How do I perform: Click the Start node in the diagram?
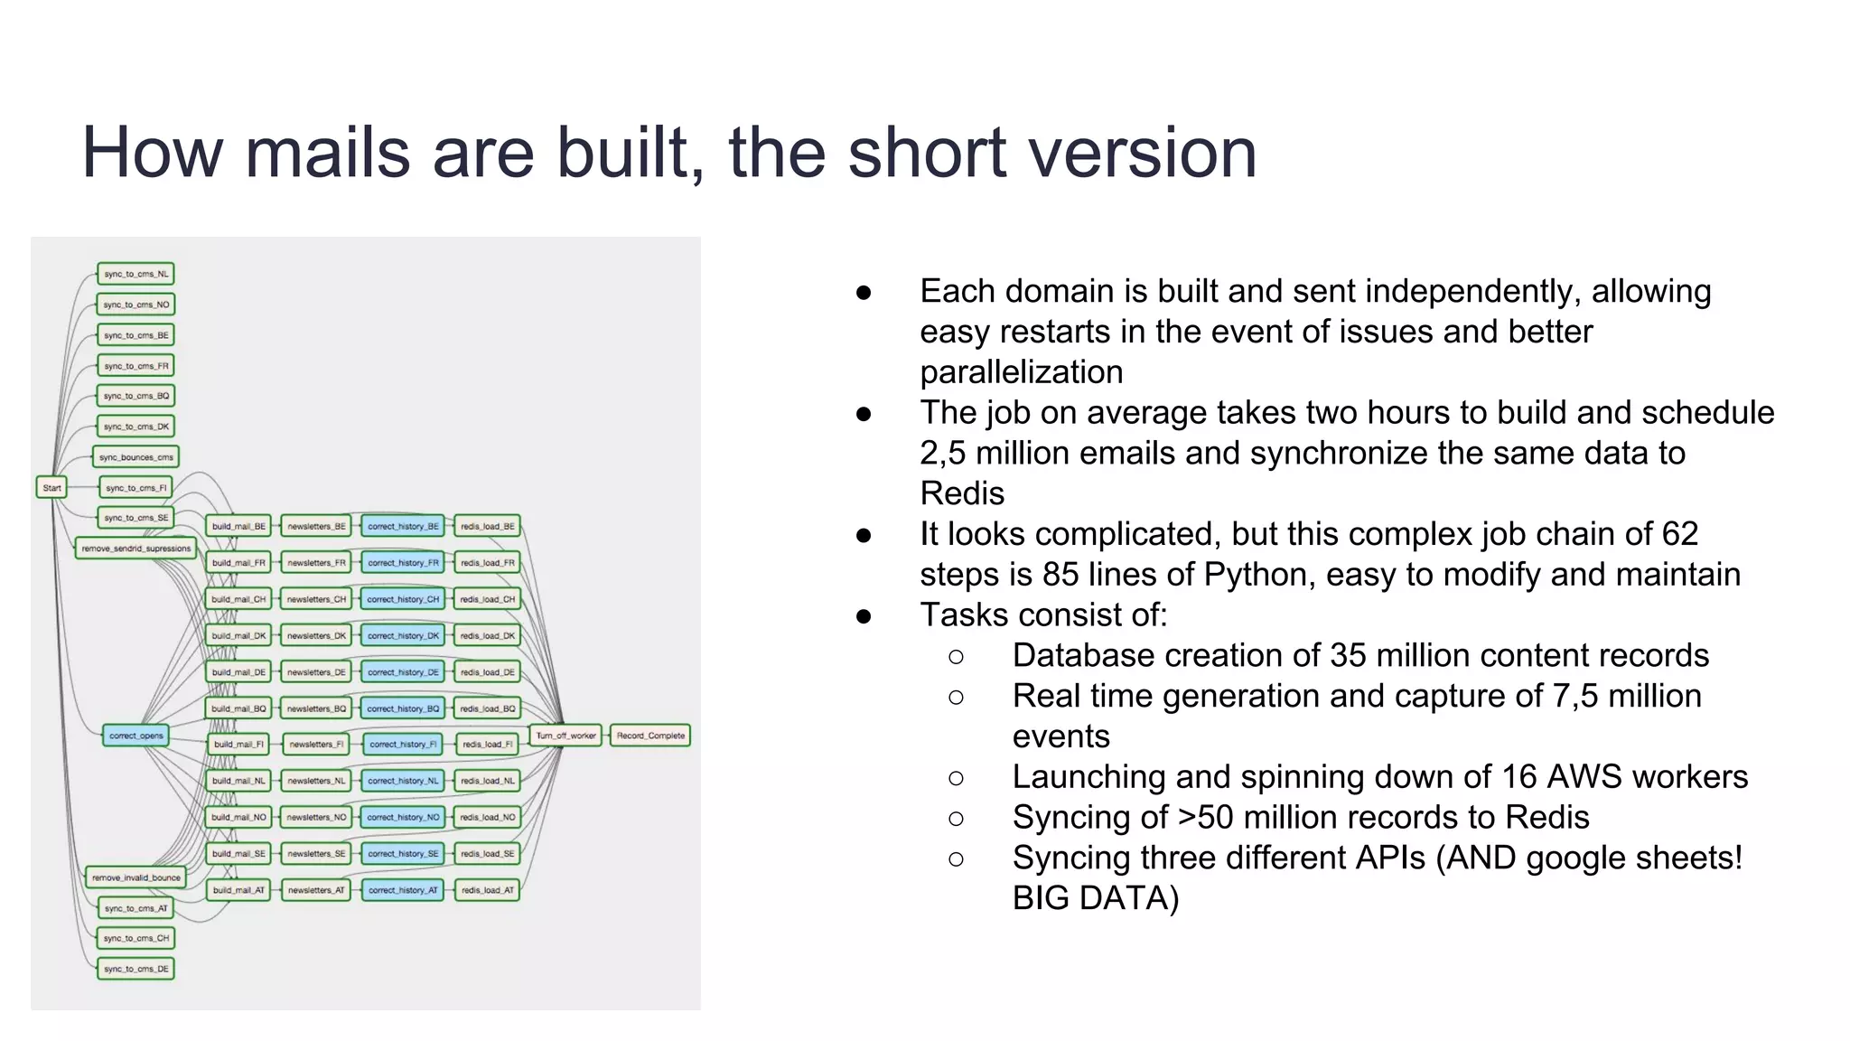pos(51,488)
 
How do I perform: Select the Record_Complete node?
pos(650,736)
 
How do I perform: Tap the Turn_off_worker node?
pos(565,736)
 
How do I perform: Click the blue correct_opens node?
pos(136,736)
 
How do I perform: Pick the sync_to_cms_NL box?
pos(135,274)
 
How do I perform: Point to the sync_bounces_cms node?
pos(135,457)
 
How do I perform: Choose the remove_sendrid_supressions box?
pos(135,549)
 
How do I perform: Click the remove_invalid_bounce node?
pos(135,877)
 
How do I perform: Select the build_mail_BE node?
pos(238,526)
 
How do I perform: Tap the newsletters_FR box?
pos(316,563)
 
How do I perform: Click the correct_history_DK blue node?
pos(403,636)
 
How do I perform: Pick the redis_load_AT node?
pos(488,890)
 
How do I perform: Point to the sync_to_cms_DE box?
pos(135,969)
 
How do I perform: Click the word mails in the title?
pos(328,153)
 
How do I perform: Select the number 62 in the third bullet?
pos(1679,534)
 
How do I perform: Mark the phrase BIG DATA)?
pos(1095,898)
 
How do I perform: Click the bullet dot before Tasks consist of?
pos(864,616)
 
